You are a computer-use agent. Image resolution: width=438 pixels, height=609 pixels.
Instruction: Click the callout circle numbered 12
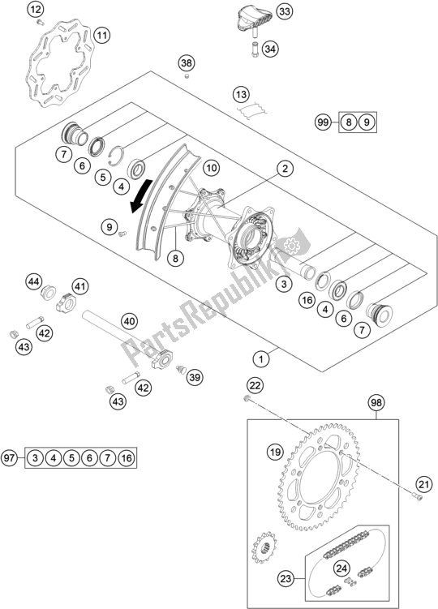36,9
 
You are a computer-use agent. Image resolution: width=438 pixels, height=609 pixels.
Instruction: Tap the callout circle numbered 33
285,11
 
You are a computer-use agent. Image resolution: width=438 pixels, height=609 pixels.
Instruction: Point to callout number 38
187,63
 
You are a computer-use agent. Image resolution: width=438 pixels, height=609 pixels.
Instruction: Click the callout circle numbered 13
241,94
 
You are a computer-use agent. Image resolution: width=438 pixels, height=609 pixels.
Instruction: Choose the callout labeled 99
323,122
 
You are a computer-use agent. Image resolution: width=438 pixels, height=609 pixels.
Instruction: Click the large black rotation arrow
140,195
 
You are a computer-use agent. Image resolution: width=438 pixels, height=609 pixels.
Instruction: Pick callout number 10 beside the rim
211,168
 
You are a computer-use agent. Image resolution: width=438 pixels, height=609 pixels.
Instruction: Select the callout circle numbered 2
285,168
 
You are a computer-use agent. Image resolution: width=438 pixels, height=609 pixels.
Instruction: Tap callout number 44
33,281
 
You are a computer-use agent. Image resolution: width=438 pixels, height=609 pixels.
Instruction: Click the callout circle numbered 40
130,321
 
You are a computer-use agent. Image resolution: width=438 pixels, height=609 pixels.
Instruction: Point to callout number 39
195,377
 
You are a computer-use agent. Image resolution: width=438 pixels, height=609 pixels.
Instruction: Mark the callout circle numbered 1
261,359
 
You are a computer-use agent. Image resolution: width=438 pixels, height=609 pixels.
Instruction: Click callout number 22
255,386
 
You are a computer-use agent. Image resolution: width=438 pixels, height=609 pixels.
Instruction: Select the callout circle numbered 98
376,403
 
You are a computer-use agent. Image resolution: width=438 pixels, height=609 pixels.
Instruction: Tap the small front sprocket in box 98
264,548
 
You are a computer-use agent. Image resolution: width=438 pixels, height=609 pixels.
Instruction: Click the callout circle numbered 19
275,452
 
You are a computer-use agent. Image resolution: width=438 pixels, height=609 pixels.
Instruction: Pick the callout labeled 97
9,457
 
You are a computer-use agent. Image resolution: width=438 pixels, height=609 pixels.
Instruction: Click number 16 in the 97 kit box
127,458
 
